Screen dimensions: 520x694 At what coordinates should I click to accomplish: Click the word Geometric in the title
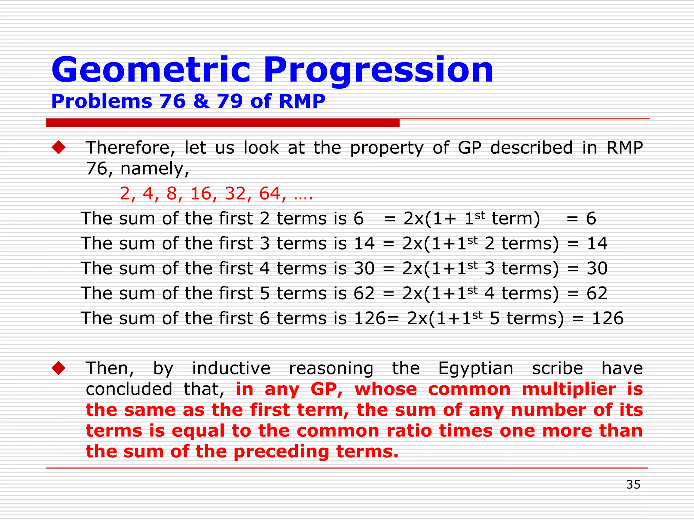(150, 70)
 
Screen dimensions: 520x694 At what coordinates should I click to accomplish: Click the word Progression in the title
(378, 70)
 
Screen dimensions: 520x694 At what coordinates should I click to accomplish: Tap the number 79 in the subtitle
(230, 101)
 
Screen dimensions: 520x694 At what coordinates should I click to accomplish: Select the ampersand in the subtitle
(201, 101)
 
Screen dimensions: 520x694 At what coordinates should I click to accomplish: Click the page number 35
(633, 484)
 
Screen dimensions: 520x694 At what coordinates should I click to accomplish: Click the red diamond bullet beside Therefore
(59, 148)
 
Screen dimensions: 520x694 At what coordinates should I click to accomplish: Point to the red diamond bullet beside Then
(59, 368)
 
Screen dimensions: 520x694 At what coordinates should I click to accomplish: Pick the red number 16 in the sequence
(201, 194)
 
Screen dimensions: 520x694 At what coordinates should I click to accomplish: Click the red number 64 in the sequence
(270, 194)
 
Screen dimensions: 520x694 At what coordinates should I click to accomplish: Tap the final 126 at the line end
(607, 319)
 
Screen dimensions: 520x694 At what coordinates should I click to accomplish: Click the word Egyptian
(475, 369)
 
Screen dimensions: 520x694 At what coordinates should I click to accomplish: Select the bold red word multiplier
(569, 389)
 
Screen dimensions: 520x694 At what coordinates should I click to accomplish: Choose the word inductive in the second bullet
(231, 368)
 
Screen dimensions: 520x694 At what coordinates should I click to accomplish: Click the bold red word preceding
(281, 452)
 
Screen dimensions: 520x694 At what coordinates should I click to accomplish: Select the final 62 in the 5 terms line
(597, 294)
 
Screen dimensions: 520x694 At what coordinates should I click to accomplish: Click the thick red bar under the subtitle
(223, 123)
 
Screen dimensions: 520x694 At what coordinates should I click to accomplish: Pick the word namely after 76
(154, 169)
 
